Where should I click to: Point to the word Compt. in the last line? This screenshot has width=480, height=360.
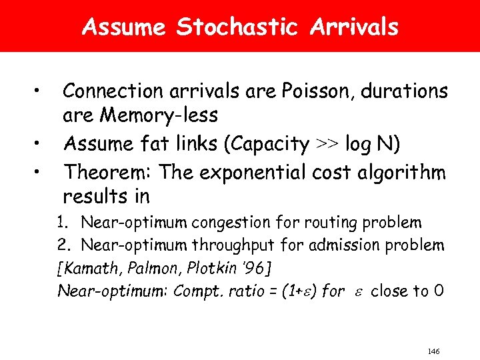pos(197,291)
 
